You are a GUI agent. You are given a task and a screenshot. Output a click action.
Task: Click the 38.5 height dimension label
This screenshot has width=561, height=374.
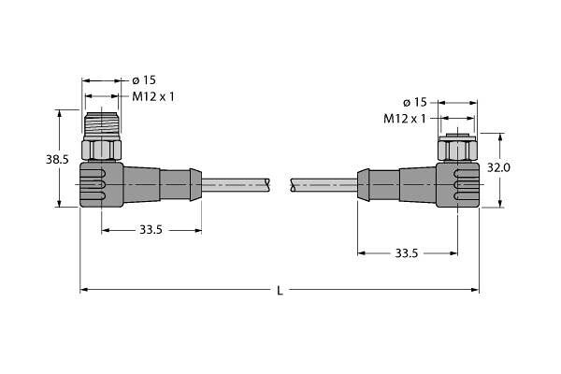[x=58, y=160]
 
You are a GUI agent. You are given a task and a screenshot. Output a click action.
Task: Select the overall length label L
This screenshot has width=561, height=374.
[x=280, y=292]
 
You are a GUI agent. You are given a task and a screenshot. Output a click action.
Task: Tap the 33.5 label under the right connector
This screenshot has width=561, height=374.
[x=407, y=252]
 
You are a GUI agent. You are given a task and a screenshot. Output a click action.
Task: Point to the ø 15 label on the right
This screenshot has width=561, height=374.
[x=414, y=101]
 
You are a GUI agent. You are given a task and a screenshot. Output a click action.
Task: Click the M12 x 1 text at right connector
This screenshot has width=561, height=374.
[x=404, y=118]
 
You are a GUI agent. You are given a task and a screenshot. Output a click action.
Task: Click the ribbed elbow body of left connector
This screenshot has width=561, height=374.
[x=102, y=182]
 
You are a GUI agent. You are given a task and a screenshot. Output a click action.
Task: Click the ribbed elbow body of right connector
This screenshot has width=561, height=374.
[x=458, y=182]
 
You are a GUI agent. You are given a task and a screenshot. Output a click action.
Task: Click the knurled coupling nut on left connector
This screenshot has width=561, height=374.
[x=103, y=148]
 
